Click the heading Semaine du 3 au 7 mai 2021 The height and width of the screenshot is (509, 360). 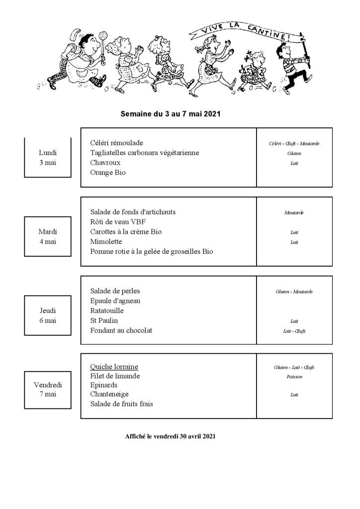pyautogui.click(x=171, y=114)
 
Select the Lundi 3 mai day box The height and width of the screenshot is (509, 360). pyautogui.click(x=48, y=157)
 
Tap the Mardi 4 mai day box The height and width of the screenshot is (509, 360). pyautogui.click(x=48, y=236)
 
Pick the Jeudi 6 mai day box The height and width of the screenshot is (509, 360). pyautogui.click(x=48, y=315)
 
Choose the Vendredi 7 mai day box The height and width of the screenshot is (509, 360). pyautogui.click(x=48, y=389)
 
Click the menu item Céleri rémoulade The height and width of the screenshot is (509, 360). pyautogui.click(x=116, y=143)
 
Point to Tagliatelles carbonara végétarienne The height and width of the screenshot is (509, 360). pyautogui.click(x=144, y=153)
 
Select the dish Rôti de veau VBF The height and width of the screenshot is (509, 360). pyautogui.click(x=118, y=222)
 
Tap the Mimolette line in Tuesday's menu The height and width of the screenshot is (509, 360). pyautogui.click(x=106, y=242)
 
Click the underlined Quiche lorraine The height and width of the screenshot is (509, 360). pyautogui.click(x=114, y=367)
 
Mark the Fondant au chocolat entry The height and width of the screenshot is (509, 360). pyautogui.click(x=121, y=330)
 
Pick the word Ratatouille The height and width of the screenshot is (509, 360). pyautogui.click(x=107, y=310)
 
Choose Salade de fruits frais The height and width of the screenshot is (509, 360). pyautogui.click(x=121, y=404)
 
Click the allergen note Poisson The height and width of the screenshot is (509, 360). pyautogui.click(x=294, y=377)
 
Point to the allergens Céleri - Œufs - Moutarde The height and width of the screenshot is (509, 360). pyautogui.click(x=294, y=144)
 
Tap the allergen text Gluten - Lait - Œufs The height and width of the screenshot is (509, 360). pyautogui.click(x=294, y=368)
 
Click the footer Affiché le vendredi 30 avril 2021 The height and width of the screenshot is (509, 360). pyautogui.click(x=171, y=436)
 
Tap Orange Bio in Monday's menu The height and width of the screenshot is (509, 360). pyautogui.click(x=108, y=173)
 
